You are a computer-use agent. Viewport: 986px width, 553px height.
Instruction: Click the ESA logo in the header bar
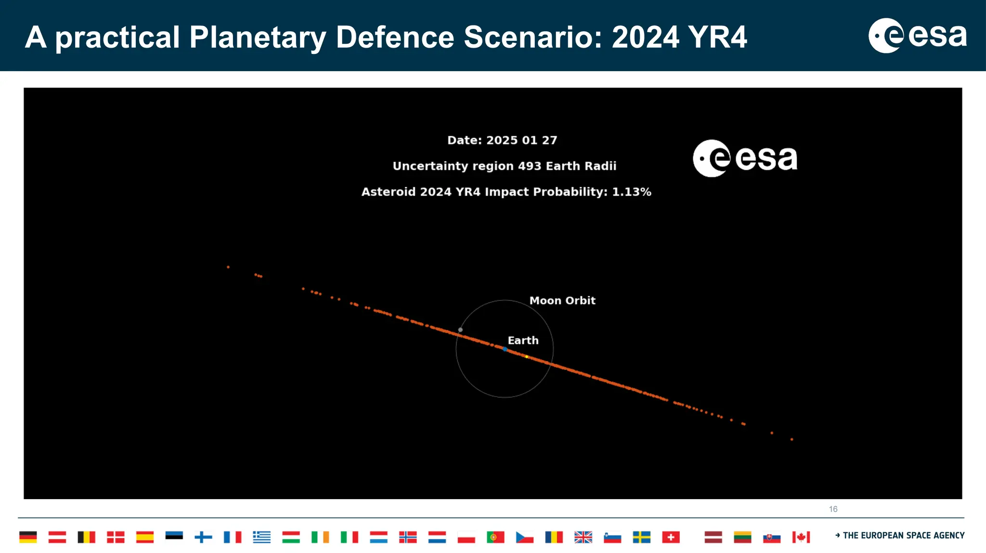[x=917, y=36]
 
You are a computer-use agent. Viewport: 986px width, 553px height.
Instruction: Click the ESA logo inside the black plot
[x=745, y=158]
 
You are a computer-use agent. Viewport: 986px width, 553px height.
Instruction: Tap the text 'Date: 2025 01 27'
[x=502, y=140]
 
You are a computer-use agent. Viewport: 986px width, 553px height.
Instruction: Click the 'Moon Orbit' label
[x=562, y=301]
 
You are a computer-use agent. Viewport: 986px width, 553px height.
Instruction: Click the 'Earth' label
[x=523, y=340]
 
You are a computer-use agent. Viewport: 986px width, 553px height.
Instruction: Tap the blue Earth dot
[x=505, y=349]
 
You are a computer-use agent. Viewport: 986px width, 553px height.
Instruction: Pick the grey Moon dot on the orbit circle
[x=460, y=330]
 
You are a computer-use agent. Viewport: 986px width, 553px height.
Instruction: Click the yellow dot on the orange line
[x=527, y=357]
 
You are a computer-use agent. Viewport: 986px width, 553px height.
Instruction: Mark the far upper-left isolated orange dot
[x=228, y=267]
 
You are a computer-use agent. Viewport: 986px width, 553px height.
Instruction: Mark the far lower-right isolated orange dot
[x=791, y=439]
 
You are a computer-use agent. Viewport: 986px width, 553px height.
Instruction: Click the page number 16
[x=833, y=509]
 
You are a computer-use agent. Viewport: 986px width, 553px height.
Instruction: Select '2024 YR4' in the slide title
[x=679, y=37]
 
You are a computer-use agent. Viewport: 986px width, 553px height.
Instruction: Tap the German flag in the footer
[x=28, y=537]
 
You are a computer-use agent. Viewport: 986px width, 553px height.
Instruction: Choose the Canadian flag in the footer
[x=801, y=537]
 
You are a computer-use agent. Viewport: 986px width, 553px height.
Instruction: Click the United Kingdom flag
[x=583, y=537]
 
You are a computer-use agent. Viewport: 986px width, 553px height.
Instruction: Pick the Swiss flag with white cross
[x=671, y=537]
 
